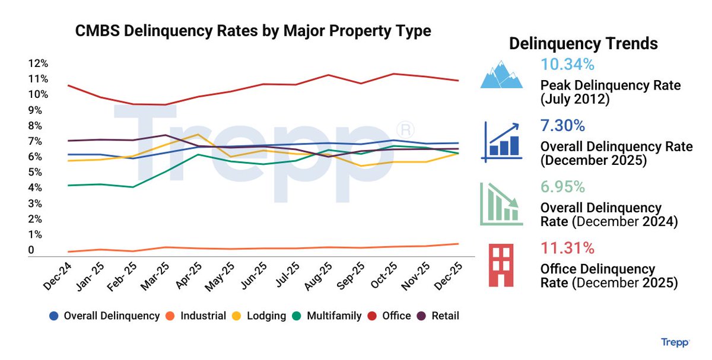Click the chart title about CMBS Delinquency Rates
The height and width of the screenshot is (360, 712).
pyautogui.click(x=253, y=31)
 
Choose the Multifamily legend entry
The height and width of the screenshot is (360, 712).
pyautogui.click(x=333, y=316)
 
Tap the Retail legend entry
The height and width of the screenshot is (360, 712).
pyautogui.click(x=443, y=316)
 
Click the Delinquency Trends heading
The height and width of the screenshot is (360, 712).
pyautogui.click(x=583, y=43)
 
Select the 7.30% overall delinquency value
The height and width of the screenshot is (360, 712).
pyautogui.click(x=563, y=126)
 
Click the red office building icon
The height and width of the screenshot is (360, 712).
pyautogui.click(x=502, y=265)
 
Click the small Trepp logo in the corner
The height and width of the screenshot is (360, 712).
pyautogui.click(x=675, y=342)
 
